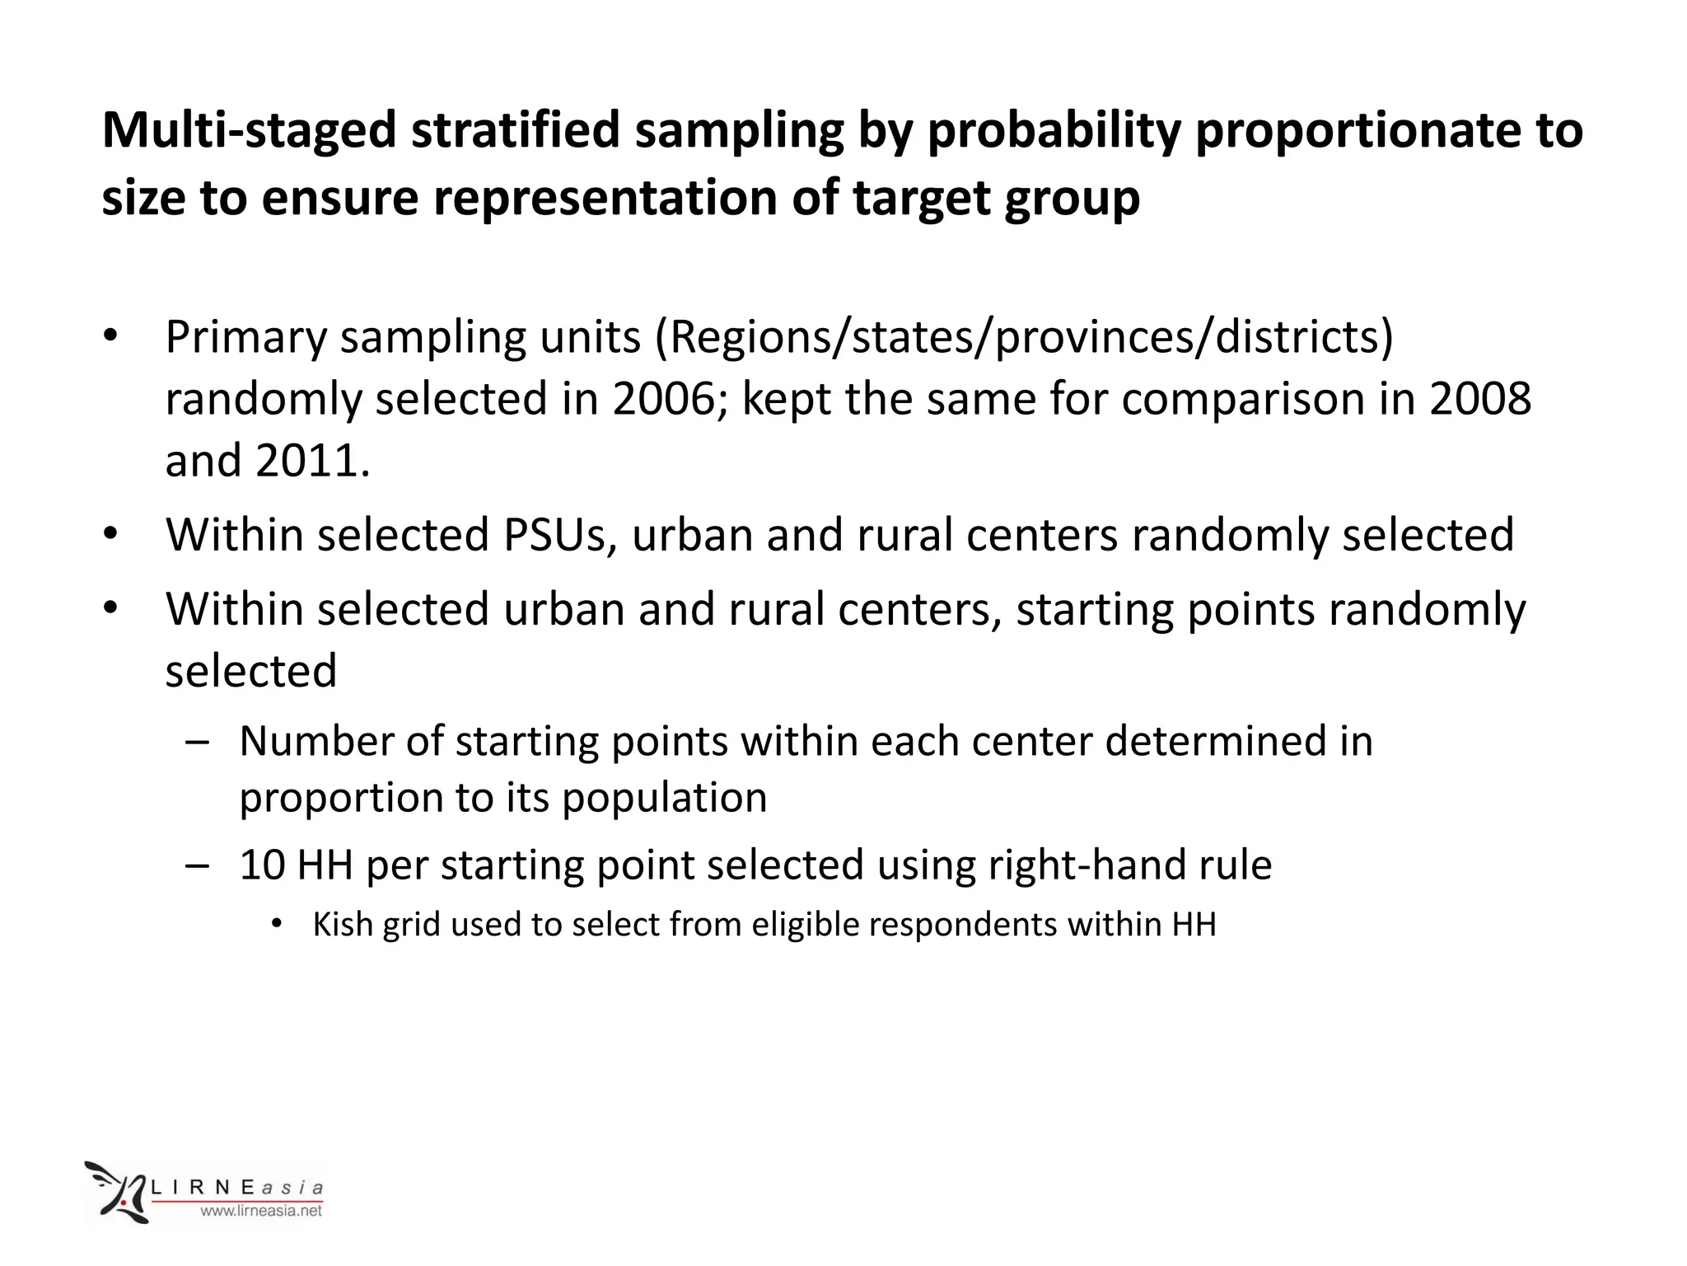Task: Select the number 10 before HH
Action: pyautogui.click(x=262, y=865)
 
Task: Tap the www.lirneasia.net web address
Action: pyautogui.click(x=262, y=1211)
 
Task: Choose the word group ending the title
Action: pyautogui.click(x=1072, y=199)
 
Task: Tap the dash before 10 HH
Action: pyautogui.click(x=197, y=865)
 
